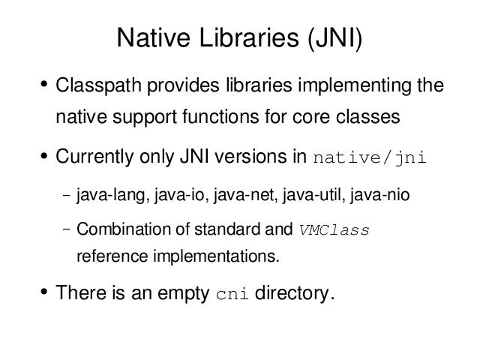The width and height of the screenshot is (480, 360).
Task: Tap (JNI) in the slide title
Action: point(335,38)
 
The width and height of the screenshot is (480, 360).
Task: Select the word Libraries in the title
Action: point(249,37)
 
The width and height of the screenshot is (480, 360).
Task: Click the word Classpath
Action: point(98,85)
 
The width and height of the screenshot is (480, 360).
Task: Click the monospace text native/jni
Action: point(370,158)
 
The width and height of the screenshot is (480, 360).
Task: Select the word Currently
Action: point(94,157)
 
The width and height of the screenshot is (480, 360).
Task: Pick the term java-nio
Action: point(380,195)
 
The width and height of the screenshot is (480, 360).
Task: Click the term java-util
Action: point(314,195)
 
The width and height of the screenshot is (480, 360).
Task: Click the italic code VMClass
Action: point(334,230)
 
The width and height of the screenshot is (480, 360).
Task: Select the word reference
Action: point(112,256)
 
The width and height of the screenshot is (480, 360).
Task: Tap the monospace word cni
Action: point(232,294)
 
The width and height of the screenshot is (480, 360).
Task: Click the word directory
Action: point(295,293)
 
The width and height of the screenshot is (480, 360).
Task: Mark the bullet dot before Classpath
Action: point(44,84)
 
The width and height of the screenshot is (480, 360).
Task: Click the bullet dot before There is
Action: point(44,292)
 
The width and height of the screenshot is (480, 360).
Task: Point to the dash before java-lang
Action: point(67,195)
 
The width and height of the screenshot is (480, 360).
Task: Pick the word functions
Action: point(220,117)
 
